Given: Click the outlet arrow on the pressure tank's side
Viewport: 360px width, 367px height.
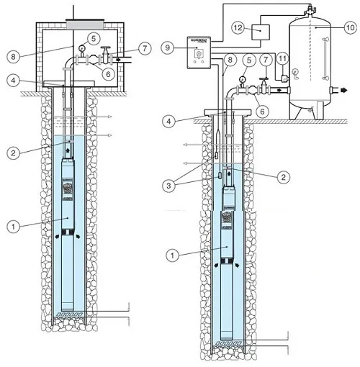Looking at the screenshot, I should click(x=335, y=91).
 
